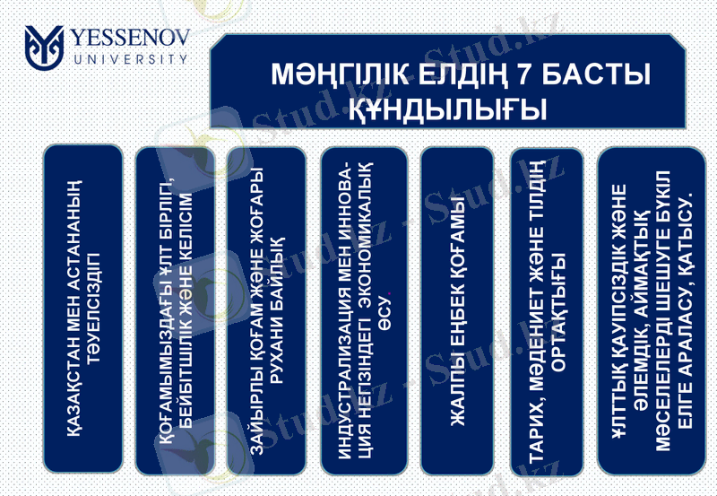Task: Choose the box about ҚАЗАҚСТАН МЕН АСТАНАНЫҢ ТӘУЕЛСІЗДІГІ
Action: (x=82, y=309)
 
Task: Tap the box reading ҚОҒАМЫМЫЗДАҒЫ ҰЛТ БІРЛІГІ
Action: (x=176, y=309)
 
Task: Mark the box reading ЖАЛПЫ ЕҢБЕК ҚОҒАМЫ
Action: (x=456, y=309)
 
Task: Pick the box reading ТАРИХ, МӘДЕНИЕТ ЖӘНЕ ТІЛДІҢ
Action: (x=546, y=309)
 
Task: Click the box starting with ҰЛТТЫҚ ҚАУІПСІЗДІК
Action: (x=653, y=309)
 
